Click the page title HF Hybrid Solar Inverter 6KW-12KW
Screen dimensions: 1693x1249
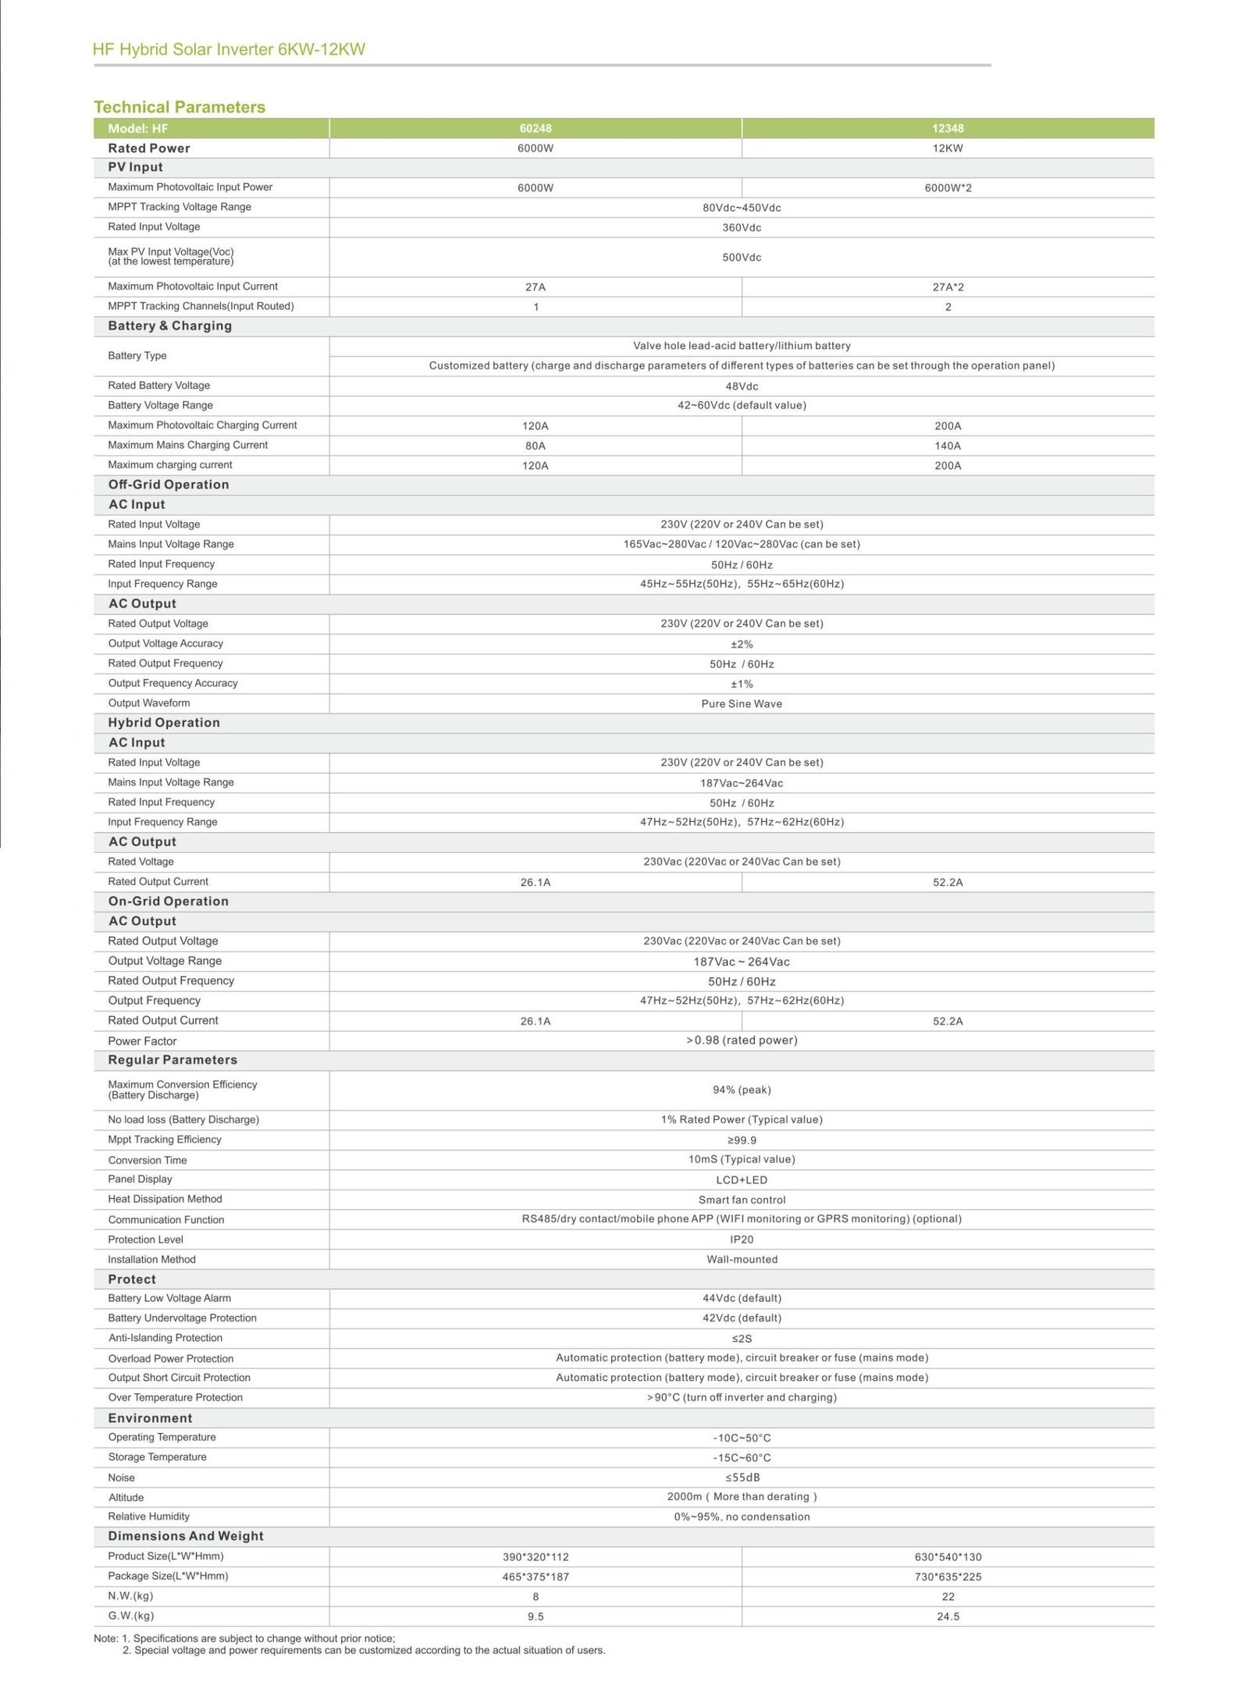(x=229, y=50)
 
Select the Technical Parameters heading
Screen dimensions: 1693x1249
(x=180, y=107)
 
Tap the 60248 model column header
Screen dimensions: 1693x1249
(x=536, y=129)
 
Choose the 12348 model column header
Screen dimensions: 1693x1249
(x=948, y=129)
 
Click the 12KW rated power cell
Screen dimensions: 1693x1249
(x=948, y=148)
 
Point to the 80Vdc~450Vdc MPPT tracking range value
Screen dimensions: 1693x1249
(x=742, y=208)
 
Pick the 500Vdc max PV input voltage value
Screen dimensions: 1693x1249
(x=742, y=258)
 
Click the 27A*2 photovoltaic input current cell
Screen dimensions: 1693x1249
(x=948, y=287)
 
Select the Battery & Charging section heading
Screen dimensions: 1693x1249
(x=169, y=326)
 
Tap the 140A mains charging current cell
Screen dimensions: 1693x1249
(x=948, y=446)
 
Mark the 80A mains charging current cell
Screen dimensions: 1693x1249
(x=536, y=446)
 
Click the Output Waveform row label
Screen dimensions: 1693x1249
(x=149, y=703)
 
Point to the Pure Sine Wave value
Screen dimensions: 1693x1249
(x=742, y=704)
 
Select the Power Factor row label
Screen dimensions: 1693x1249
(x=142, y=1041)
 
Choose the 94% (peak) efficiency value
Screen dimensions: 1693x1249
(x=742, y=1090)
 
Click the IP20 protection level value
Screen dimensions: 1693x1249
(x=742, y=1240)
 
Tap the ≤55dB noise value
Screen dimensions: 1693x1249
(x=742, y=1478)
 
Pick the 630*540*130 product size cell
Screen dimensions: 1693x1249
(x=948, y=1557)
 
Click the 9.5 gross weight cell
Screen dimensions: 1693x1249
(x=536, y=1617)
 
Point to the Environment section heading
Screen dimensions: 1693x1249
(x=150, y=1418)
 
